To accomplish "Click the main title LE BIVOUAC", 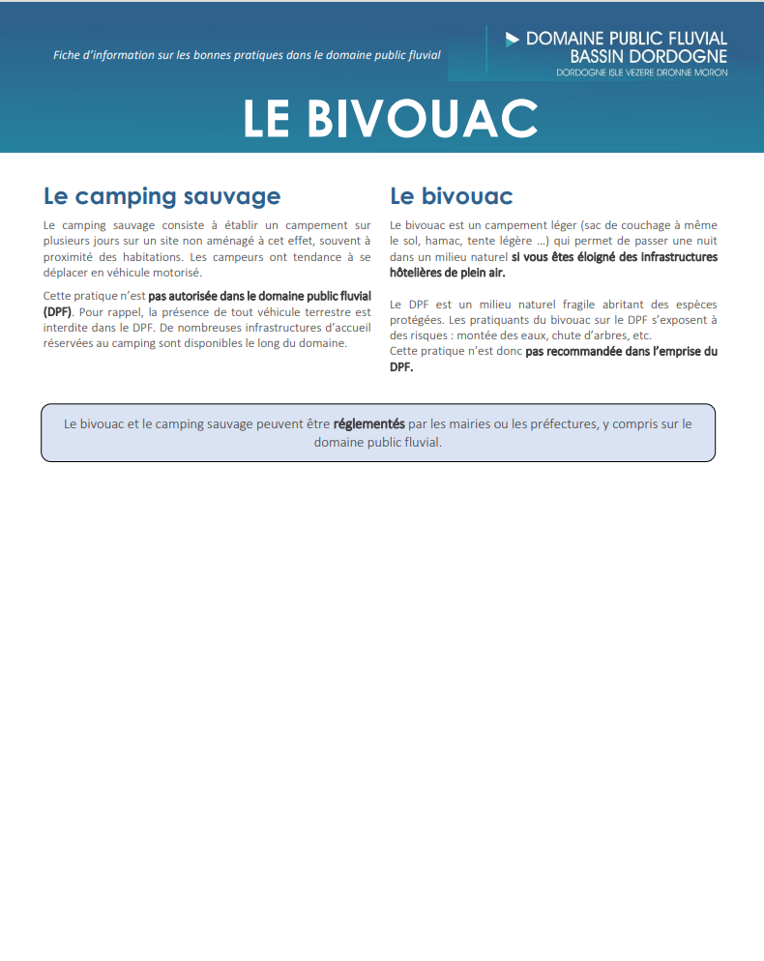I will (x=390, y=118).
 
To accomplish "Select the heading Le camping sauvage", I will (x=162, y=196).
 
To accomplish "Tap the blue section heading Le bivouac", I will (x=451, y=196).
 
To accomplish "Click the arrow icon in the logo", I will (x=513, y=40).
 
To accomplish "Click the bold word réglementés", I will (x=368, y=423).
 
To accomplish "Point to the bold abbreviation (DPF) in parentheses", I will (x=57, y=312).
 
